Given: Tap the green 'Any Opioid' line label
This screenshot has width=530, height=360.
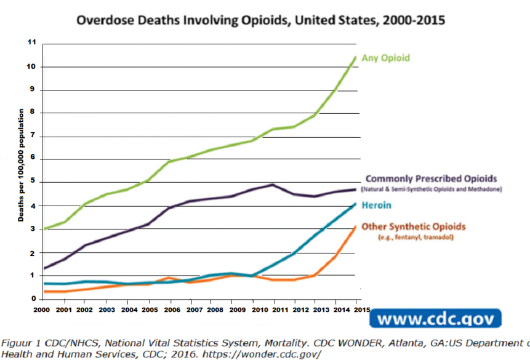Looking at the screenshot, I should (385, 58).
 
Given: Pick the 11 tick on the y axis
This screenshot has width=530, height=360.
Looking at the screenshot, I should (33, 43).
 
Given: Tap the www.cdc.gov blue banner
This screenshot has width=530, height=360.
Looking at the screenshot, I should (435, 319).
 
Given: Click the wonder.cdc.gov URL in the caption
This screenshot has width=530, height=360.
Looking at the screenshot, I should (270, 355).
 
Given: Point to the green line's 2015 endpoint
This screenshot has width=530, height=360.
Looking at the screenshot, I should (356, 57).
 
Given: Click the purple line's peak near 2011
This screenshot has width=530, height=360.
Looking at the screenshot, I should (272, 185).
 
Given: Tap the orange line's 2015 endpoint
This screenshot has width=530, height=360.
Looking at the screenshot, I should (355, 226).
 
